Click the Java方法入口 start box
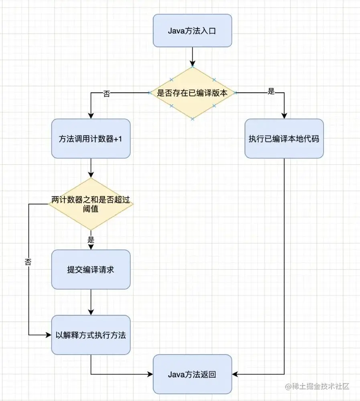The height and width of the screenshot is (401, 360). click(192, 30)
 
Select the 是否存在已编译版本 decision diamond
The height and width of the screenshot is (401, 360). click(192, 93)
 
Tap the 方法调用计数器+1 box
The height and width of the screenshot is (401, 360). click(91, 138)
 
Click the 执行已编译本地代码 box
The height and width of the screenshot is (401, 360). click(284, 138)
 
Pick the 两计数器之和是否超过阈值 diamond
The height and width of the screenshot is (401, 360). click(91, 204)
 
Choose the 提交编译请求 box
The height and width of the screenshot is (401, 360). click(91, 269)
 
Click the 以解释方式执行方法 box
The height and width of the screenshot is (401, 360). click(91, 335)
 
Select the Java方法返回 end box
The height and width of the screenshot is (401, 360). click(192, 374)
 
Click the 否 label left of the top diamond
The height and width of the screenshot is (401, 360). click(107, 93)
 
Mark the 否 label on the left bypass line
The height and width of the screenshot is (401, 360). click(28, 263)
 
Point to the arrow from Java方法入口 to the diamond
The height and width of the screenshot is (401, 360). click(192, 56)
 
